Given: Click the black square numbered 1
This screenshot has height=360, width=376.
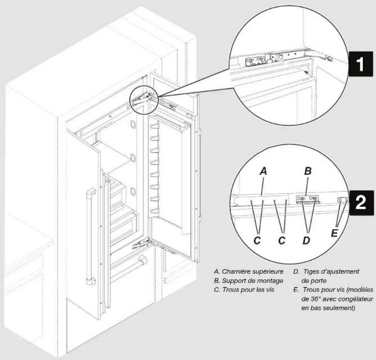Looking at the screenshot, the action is [360, 64].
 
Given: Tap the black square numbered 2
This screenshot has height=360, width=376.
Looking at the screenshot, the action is [361, 203].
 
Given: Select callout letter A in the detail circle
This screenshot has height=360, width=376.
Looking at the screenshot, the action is [263, 171].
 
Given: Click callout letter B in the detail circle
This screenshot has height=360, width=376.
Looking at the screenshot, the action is [308, 171].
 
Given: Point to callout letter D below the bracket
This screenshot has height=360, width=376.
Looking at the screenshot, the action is [306, 240].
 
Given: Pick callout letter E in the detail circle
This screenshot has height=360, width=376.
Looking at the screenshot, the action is [334, 233].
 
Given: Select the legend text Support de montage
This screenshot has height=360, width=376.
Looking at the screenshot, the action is [253, 281].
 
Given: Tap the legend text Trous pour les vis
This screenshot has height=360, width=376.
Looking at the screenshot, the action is [248, 290].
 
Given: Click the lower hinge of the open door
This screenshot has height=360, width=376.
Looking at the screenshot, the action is [141, 243].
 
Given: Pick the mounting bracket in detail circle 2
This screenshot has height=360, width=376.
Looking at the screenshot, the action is [308, 199].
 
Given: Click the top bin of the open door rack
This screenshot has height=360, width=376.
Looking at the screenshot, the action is [154, 126].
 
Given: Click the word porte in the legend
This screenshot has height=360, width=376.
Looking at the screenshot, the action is [318, 281].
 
